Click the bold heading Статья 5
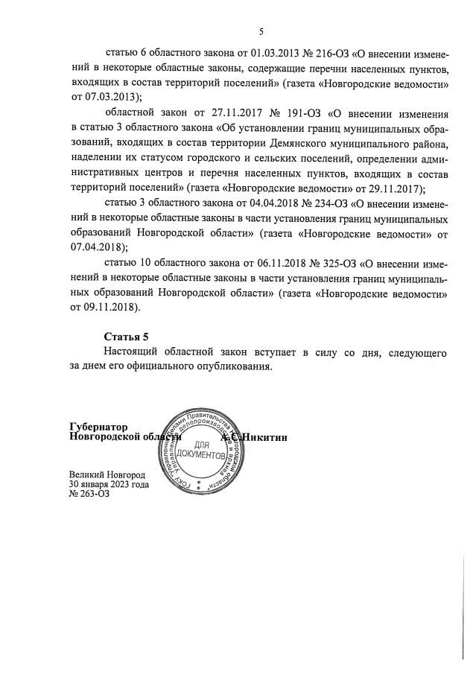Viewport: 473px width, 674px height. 125,337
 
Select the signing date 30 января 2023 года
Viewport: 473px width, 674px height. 108,484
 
